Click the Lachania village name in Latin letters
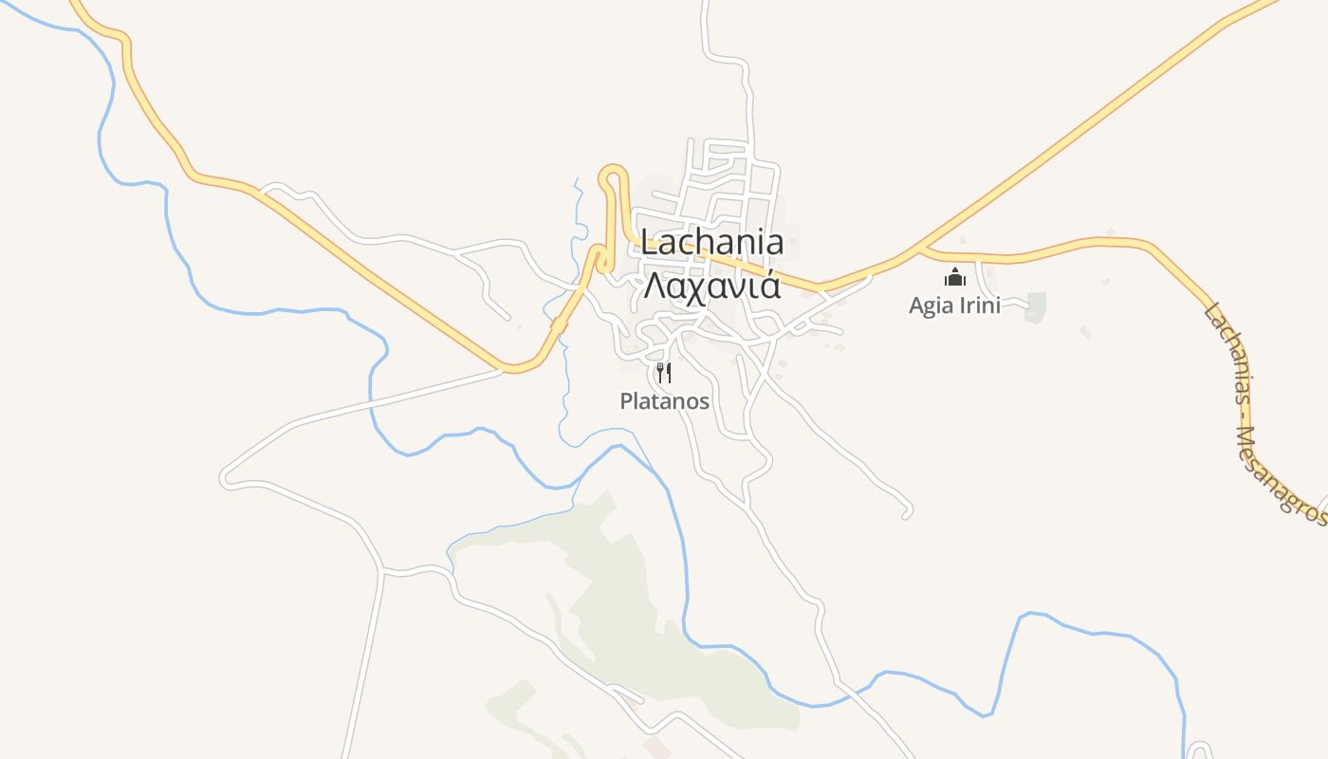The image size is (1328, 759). pyautogui.click(x=712, y=243)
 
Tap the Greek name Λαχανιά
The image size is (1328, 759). pyautogui.click(x=712, y=285)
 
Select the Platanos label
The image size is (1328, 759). pyautogui.click(x=664, y=401)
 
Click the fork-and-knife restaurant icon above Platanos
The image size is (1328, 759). pyautogui.click(x=664, y=373)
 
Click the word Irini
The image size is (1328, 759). pyautogui.click(x=978, y=305)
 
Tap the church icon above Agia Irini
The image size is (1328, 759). pyautogui.click(x=953, y=277)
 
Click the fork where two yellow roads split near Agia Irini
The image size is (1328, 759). pyautogui.click(x=920, y=250)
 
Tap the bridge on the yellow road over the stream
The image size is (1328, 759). pyautogui.click(x=559, y=325)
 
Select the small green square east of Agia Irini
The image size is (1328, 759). pyautogui.click(x=1035, y=305)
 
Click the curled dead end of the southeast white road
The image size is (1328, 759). pyautogui.click(x=907, y=513)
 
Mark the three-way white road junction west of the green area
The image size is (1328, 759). pyautogui.click(x=381, y=572)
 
